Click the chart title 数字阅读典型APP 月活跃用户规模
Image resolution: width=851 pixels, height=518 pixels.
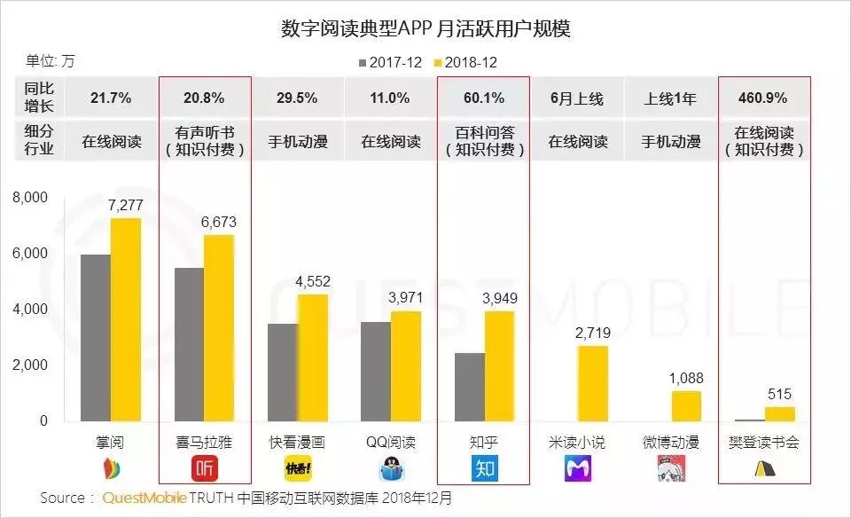point(425,29)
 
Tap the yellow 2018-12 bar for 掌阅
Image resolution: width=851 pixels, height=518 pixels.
point(126,319)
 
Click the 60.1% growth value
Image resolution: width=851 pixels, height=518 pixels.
point(484,98)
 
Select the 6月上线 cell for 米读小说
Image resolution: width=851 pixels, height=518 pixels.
point(577,98)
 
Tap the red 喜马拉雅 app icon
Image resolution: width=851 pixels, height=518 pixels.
point(204,468)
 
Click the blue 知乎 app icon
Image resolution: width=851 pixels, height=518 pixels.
point(484,468)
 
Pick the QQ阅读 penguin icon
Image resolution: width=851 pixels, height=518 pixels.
point(391,468)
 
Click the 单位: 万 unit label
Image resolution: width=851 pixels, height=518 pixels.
point(51,61)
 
